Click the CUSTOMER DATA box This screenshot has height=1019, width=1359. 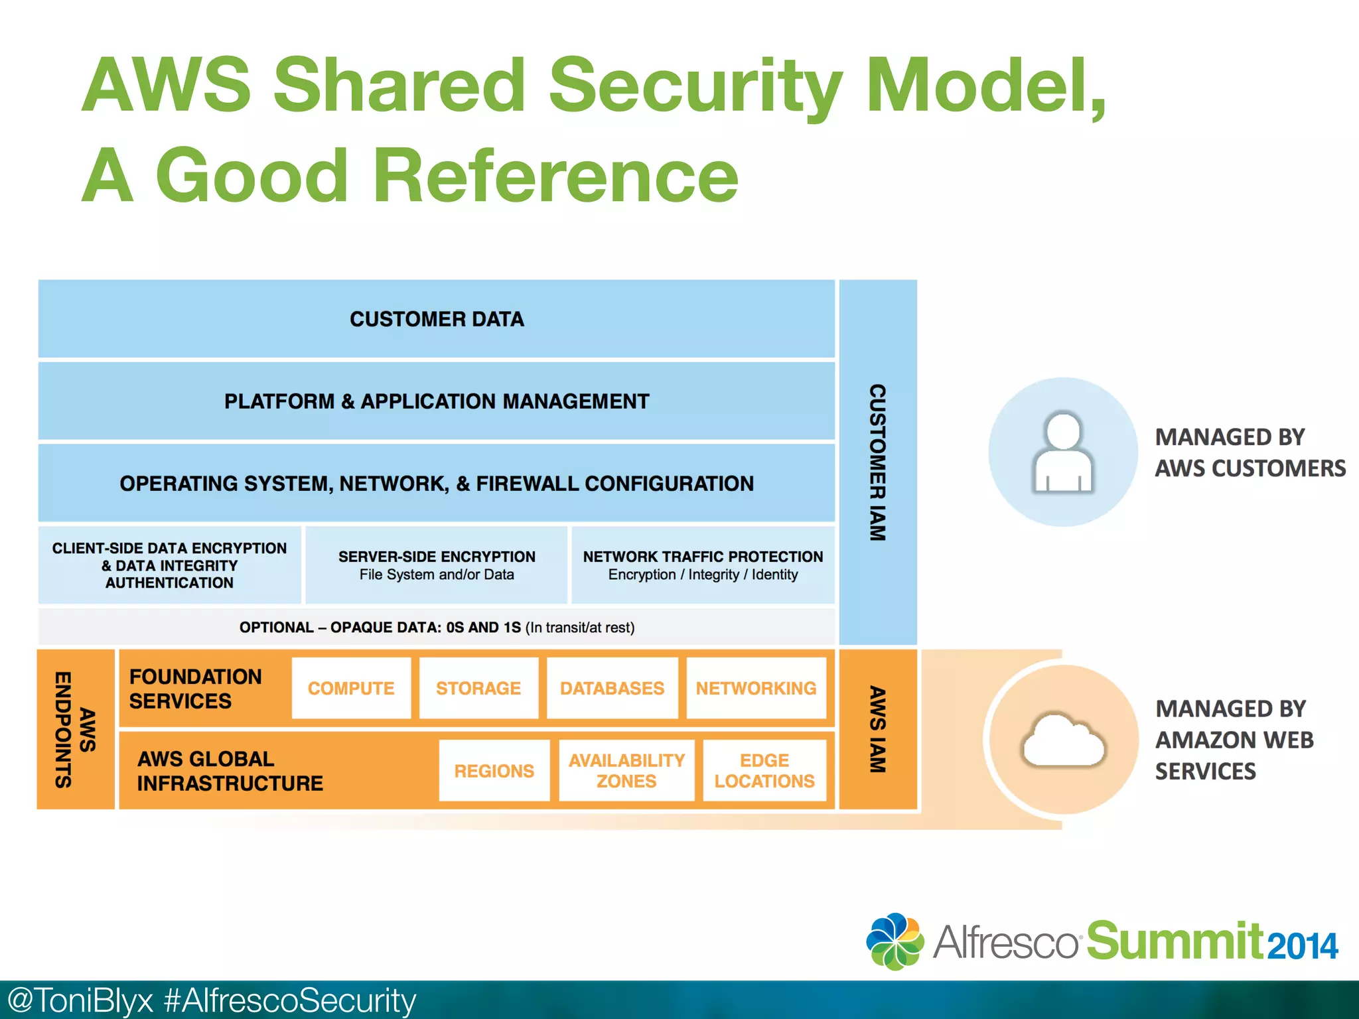coord(436,319)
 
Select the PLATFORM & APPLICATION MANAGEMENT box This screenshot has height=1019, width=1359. coord(436,401)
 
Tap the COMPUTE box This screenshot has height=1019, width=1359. coord(351,688)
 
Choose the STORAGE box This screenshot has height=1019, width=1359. coord(478,688)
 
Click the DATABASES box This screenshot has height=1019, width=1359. coord(612,688)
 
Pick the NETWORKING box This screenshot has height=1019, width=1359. coord(756,688)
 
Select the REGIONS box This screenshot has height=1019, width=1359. coord(494,771)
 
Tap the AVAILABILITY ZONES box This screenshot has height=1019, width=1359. coord(626,771)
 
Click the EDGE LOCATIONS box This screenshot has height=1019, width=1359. coord(764,771)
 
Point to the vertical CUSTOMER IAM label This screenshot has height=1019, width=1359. coord(877,462)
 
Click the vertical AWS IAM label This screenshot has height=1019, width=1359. coord(877,729)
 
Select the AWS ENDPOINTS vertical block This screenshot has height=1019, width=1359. coord(75,729)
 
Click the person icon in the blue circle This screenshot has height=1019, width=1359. coord(1063,452)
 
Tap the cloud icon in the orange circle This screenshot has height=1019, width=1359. coord(1063,740)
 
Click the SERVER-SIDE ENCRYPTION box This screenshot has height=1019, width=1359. coord(436,565)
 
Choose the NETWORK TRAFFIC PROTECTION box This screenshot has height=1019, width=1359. coord(703,565)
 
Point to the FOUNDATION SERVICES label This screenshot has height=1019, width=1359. coord(195,689)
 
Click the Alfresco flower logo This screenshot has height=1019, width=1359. coord(894,941)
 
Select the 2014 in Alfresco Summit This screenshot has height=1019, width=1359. coord(1302,946)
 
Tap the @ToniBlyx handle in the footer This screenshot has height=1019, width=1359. coord(80,1000)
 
